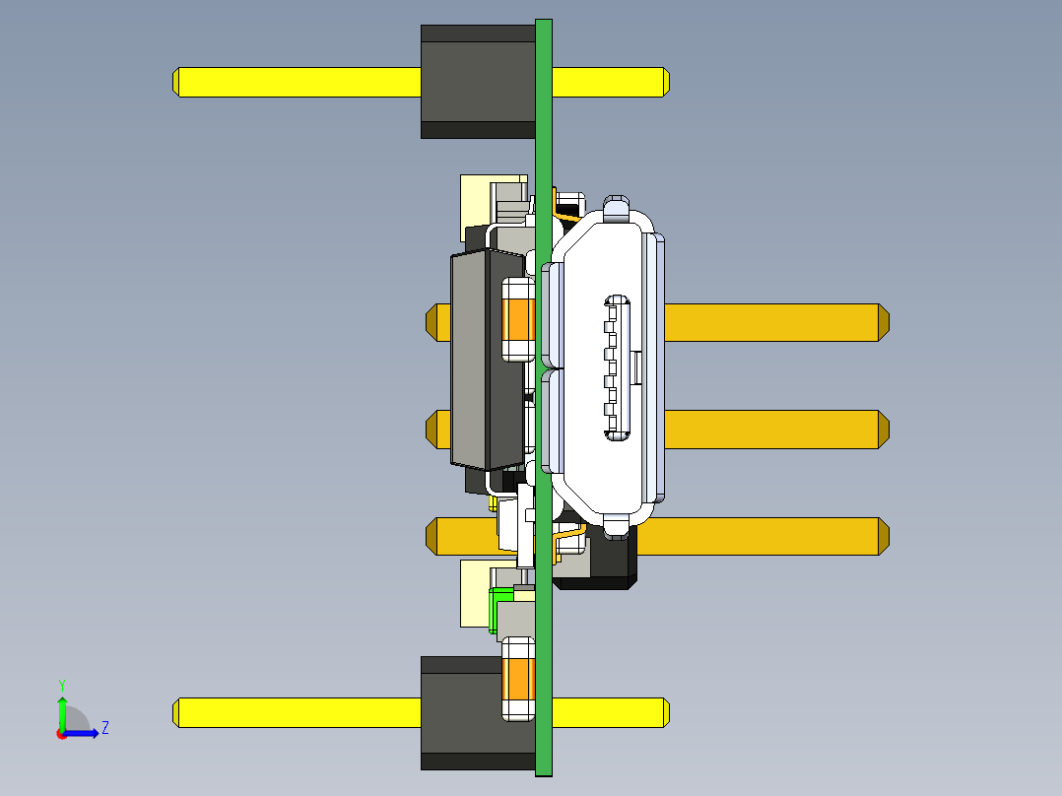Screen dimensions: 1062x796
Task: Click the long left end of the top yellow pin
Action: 297,82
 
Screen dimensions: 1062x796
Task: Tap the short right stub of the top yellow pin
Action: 610,82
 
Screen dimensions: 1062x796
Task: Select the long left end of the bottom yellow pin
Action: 297,712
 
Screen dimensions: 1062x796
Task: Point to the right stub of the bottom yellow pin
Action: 610,712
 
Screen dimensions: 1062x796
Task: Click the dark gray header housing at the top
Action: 478,82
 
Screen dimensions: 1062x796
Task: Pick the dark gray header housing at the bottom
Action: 461,712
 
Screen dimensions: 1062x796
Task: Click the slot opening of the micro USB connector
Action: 617,367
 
